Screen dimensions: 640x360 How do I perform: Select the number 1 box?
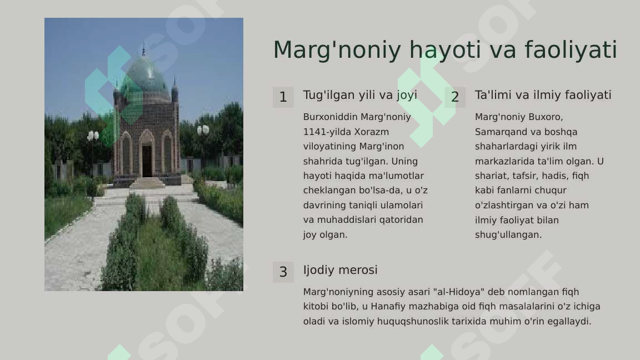click(283, 97)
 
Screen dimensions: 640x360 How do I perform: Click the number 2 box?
click(455, 97)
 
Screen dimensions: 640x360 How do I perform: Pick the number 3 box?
click(283, 272)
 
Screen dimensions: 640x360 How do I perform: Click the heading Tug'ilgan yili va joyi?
click(360, 95)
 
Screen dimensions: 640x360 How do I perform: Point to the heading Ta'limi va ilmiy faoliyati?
click(543, 95)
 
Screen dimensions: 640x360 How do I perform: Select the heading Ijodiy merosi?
click(341, 270)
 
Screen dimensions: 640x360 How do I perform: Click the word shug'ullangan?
click(508, 235)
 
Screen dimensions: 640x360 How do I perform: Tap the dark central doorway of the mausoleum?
click(147, 161)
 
